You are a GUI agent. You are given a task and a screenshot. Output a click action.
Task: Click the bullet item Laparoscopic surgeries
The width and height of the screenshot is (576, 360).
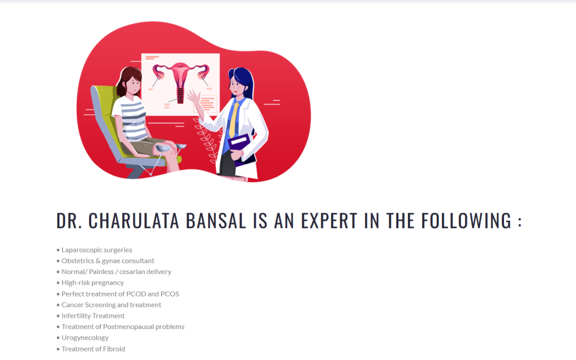[x=97, y=250]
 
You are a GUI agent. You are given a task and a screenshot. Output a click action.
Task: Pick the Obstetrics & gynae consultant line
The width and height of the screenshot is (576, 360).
[x=108, y=261]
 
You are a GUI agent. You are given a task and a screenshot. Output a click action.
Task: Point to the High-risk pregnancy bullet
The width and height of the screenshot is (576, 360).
[x=92, y=283]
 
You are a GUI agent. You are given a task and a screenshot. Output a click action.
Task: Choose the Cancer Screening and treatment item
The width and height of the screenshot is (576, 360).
[x=111, y=305]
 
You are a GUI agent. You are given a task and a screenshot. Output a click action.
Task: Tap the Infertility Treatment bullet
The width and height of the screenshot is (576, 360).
[x=93, y=316]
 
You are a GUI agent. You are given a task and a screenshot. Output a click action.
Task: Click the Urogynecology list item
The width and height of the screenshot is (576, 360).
[x=85, y=338]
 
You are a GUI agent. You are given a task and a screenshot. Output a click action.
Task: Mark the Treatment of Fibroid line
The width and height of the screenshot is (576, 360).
[x=93, y=349]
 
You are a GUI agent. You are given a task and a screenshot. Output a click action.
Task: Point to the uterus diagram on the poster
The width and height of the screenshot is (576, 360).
[x=180, y=77]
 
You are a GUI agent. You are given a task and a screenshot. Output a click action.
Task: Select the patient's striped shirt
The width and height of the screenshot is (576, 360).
[x=132, y=117]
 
